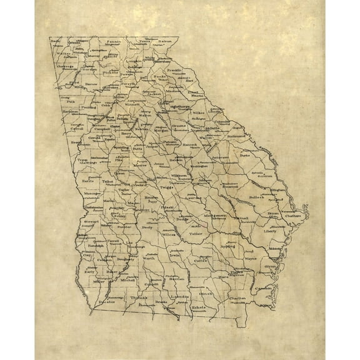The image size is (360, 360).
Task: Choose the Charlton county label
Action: point(238,299)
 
